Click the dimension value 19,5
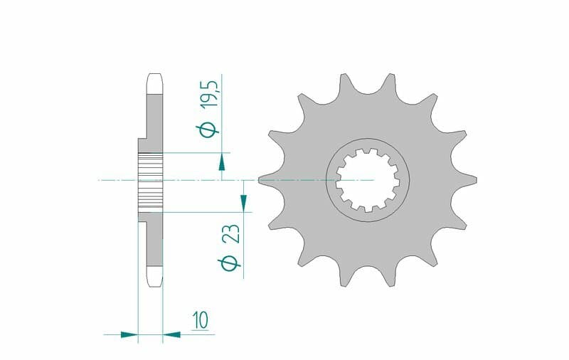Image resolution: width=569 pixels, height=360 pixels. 209,93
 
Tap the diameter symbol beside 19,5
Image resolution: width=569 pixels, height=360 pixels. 208,129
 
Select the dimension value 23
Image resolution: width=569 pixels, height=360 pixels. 232,233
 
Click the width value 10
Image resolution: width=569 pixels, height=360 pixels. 201,319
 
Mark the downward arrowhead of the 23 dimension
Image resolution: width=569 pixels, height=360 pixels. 243,203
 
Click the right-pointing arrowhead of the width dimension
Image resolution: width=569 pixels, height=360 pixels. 129,334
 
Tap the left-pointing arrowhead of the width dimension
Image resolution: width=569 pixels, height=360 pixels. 171,334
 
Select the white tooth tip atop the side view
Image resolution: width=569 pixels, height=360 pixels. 155,83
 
